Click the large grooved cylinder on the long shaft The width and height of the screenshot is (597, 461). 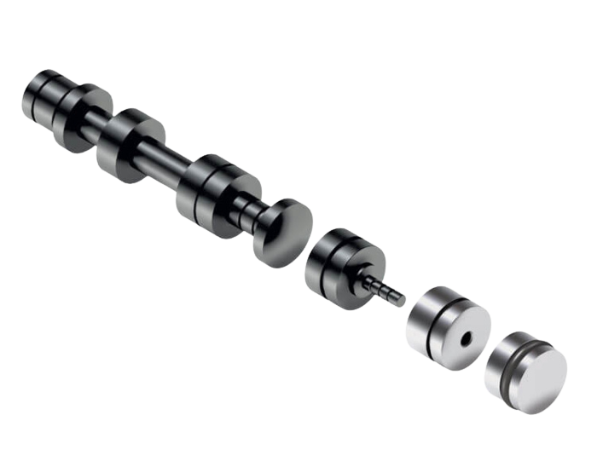pyautogui.click(x=213, y=192)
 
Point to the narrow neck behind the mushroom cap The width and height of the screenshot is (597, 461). pyautogui.click(x=247, y=209)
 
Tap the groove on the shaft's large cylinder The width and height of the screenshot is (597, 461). pyautogui.click(x=205, y=183)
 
